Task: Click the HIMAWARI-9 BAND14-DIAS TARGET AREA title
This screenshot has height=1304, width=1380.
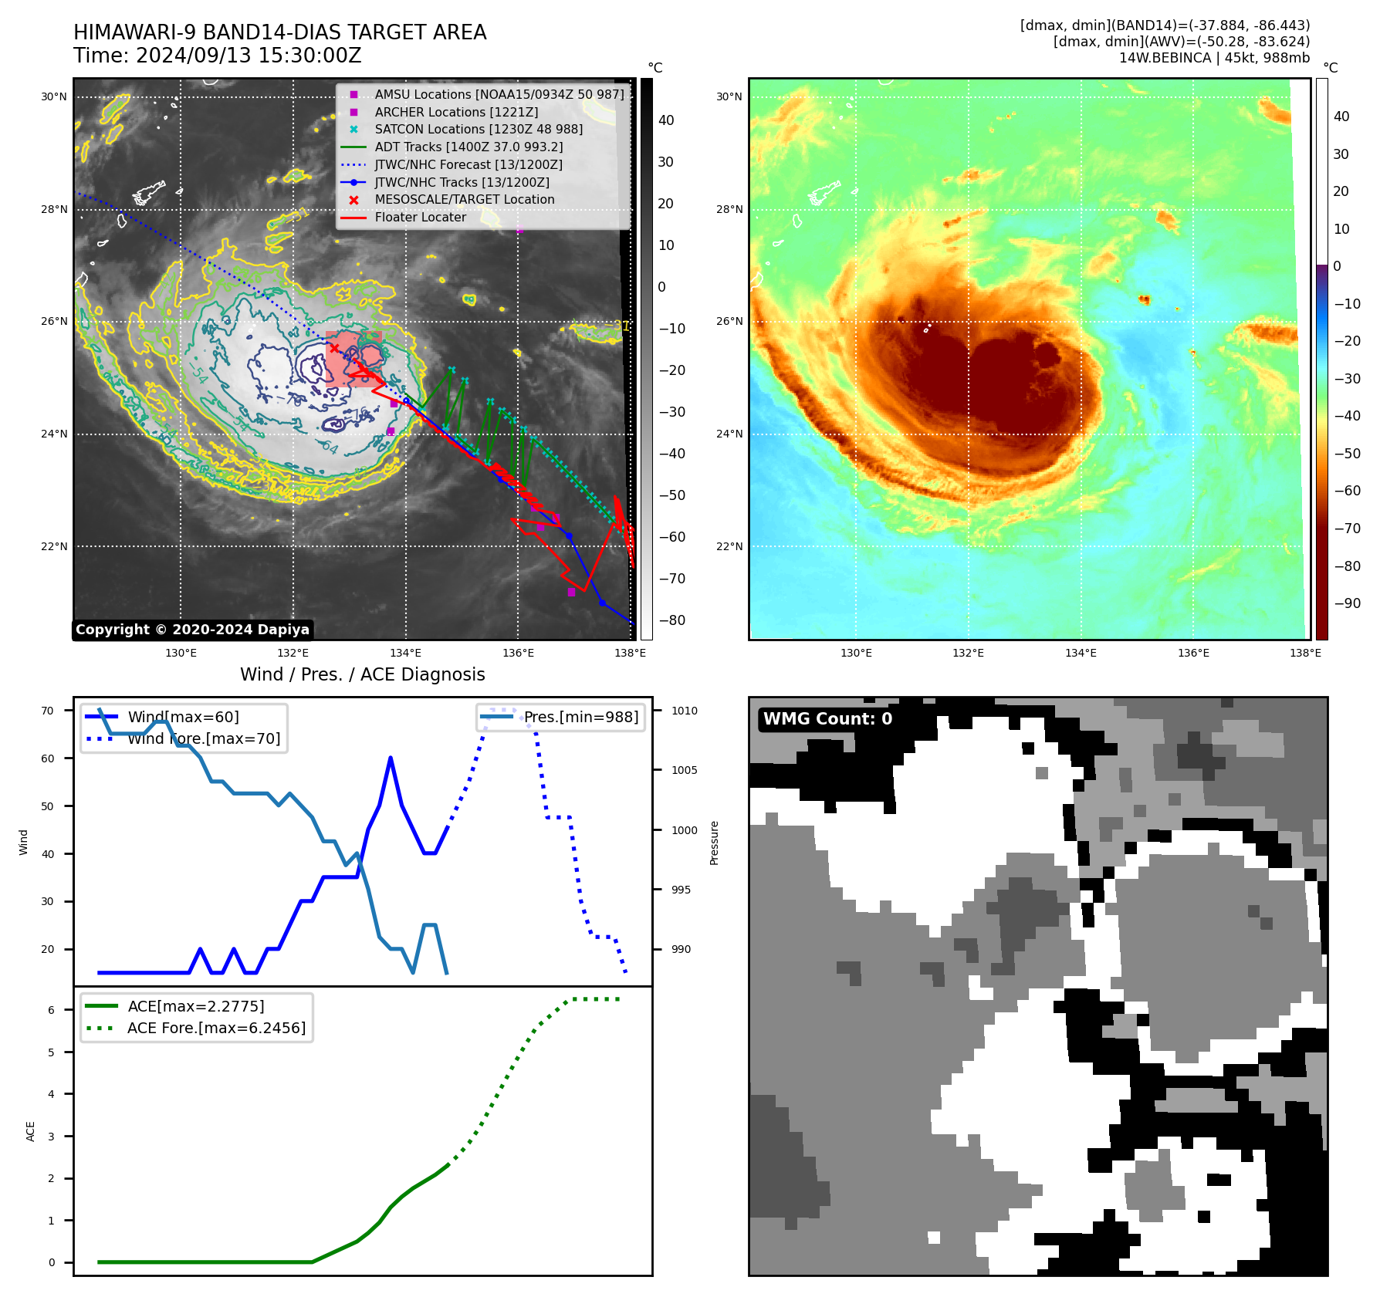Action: [x=279, y=32]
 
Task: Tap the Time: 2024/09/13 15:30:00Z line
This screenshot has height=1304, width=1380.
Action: [x=217, y=56]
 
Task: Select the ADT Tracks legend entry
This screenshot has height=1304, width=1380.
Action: [x=468, y=147]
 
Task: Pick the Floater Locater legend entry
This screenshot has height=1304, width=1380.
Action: [x=420, y=217]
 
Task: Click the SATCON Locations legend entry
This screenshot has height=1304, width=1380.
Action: [x=479, y=129]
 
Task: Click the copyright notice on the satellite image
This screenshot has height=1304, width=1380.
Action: [x=192, y=630]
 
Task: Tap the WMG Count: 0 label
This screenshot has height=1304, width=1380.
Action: [x=827, y=719]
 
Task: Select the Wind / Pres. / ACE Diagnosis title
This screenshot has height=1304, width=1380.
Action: [x=362, y=674]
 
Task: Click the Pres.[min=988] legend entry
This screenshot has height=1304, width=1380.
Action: [x=580, y=717]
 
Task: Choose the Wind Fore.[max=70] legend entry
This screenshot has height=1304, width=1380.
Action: [x=204, y=738]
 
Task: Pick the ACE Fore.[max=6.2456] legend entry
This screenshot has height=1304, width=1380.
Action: [x=216, y=1028]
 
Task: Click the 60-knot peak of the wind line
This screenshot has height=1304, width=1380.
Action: [x=391, y=758]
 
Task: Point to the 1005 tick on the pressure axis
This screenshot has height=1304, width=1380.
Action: [x=684, y=770]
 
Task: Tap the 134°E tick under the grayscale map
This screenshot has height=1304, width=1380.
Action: [x=405, y=653]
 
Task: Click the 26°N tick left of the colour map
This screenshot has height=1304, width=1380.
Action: [x=729, y=321]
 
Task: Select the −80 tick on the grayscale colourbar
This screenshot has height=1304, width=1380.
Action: [x=671, y=620]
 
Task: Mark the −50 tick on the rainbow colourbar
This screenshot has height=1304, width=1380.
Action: [x=1347, y=454]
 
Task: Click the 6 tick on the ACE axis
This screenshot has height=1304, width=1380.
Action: [x=52, y=1010]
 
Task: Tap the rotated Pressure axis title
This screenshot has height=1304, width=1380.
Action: [x=714, y=843]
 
